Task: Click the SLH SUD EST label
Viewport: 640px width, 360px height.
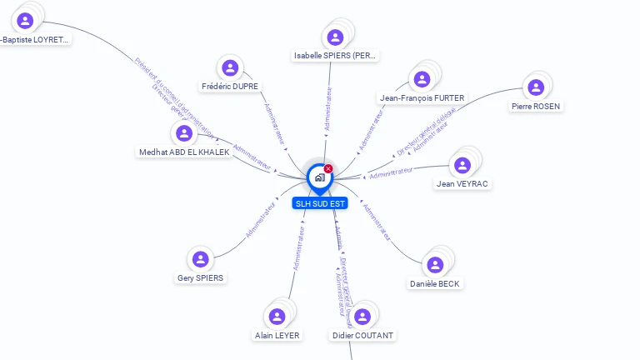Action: tap(320, 203)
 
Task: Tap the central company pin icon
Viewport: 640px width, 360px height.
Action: tap(319, 177)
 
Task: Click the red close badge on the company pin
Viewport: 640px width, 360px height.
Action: tap(328, 169)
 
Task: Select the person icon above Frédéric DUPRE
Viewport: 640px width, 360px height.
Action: tap(230, 67)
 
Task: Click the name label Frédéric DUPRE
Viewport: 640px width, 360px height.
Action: tap(230, 87)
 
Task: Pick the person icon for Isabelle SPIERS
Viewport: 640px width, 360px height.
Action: tap(335, 37)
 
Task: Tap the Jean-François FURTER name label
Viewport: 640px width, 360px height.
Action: tap(422, 98)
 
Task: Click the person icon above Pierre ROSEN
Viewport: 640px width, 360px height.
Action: tap(536, 87)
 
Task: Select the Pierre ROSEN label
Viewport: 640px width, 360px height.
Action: tap(536, 107)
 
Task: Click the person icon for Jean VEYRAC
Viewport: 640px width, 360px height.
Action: tap(462, 164)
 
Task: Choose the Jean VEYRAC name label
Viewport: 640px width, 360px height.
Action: tap(462, 184)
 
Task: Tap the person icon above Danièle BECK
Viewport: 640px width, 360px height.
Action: tap(435, 265)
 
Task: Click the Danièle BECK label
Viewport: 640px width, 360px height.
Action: tap(435, 284)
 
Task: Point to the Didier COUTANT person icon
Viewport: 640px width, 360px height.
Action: tap(362, 317)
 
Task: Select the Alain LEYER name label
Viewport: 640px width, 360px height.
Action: tap(277, 336)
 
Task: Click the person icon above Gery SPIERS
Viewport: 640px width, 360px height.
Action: tap(200, 259)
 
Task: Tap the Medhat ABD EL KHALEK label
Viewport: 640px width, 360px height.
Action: tap(184, 152)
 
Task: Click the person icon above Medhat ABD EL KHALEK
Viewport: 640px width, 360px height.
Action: tap(184, 132)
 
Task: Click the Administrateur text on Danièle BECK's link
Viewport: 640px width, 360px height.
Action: tap(377, 222)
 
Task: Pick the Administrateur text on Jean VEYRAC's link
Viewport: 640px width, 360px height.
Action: tap(392, 172)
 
